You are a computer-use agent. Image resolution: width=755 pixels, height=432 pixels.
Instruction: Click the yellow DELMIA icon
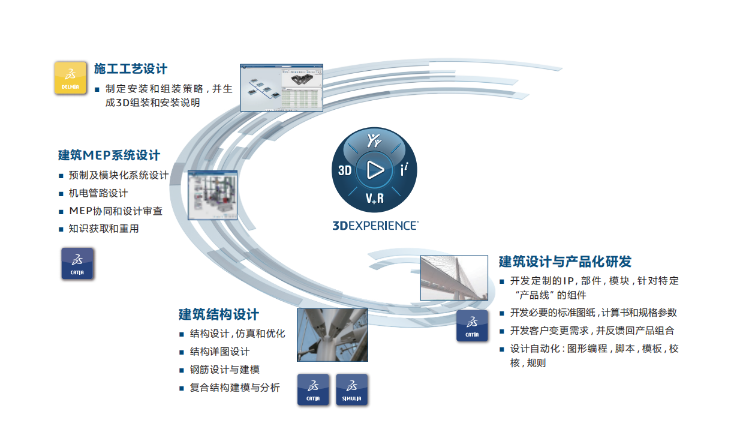click(70, 78)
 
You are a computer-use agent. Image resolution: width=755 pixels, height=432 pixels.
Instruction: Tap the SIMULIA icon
click(351, 389)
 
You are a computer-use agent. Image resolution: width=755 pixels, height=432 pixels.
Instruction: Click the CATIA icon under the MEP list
click(77, 264)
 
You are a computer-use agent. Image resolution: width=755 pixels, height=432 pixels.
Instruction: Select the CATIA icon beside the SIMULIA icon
click(313, 389)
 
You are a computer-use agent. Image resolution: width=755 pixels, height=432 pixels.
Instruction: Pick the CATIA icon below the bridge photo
click(472, 326)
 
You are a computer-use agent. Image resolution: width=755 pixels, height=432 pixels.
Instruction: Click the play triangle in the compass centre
click(375, 170)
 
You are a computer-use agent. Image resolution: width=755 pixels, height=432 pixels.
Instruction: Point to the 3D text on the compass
click(345, 170)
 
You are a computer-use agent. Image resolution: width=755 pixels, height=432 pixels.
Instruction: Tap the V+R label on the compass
click(375, 198)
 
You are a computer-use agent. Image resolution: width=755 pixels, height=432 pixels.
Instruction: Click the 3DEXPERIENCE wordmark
click(375, 225)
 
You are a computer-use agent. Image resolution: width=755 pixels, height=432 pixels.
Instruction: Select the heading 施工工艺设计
click(131, 69)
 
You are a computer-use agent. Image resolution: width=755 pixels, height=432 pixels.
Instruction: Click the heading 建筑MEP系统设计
click(109, 155)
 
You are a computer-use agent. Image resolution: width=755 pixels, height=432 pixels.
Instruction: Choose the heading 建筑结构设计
click(219, 314)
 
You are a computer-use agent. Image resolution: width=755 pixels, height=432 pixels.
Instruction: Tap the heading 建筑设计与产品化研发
click(565, 262)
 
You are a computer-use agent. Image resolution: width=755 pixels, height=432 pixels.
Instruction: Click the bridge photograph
click(454, 278)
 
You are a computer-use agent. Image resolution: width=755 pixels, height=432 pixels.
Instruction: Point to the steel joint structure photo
click(332, 335)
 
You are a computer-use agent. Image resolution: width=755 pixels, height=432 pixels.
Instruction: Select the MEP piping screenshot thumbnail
click(212, 195)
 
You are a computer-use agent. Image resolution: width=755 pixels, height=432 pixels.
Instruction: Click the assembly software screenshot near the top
click(281, 88)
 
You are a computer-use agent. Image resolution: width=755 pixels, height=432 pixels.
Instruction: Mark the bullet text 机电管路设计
click(98, 193)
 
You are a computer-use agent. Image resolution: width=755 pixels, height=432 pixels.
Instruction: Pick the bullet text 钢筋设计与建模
click(225, 370)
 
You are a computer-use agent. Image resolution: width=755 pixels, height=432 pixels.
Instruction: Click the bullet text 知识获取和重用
click(104, 229)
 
